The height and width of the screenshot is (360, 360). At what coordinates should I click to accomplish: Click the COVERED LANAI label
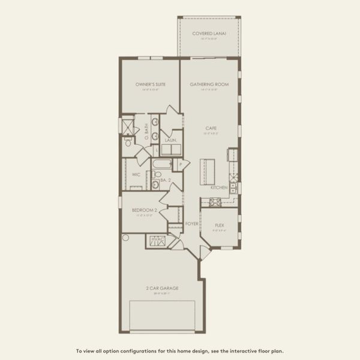click(x=208, y=34)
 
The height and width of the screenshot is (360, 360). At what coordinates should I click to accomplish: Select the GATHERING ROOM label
click(x=209, y=85)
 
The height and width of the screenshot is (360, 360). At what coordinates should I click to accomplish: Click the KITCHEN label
click(x=218, y=188)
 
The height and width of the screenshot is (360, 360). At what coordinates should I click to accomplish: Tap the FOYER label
click(x=191, y=223)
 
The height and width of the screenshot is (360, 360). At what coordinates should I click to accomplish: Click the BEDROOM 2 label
click(x=145, y=211)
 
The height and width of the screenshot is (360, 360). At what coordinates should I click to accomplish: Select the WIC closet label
click(x=136, y=175)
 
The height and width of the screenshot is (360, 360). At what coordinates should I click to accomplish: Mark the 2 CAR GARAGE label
click(x=162, y=288)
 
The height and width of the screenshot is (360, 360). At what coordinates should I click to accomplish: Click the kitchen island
click(x=207, y=171)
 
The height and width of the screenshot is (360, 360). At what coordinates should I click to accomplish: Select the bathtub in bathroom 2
click(x=162, y=164)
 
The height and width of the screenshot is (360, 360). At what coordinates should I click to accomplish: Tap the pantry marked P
click(x=179, y=164)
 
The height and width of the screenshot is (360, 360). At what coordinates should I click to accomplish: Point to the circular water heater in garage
click(x=125, y=238)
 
